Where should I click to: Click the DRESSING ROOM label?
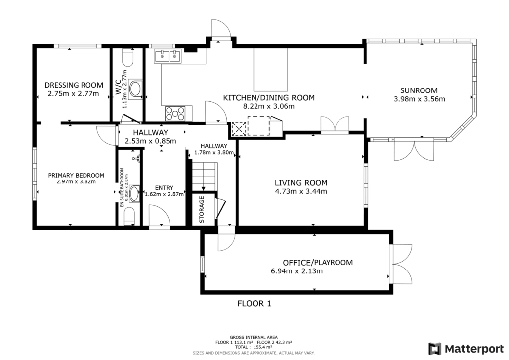[74, 85]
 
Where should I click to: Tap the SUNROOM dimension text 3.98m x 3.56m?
[420, 99]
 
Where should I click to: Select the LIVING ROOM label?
[301, 183]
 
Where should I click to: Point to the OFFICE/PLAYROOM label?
[318, 262]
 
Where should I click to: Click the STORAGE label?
[202, 209]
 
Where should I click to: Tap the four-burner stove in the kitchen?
[175, 114]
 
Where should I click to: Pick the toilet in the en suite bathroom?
[129, 216]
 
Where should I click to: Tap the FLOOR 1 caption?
[254, 304]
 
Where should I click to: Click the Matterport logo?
[466, 349]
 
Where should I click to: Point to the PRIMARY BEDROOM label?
[76, 176]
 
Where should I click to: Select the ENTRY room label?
[164, 188]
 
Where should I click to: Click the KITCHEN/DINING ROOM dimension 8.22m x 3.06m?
[269, 106]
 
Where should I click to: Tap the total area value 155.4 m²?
[263, 347]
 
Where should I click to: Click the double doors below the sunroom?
[414, 150]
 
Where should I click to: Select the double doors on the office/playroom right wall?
[401, 264]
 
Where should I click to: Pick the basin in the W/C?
[135, 89]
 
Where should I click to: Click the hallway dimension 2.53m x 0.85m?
[151, 141]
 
